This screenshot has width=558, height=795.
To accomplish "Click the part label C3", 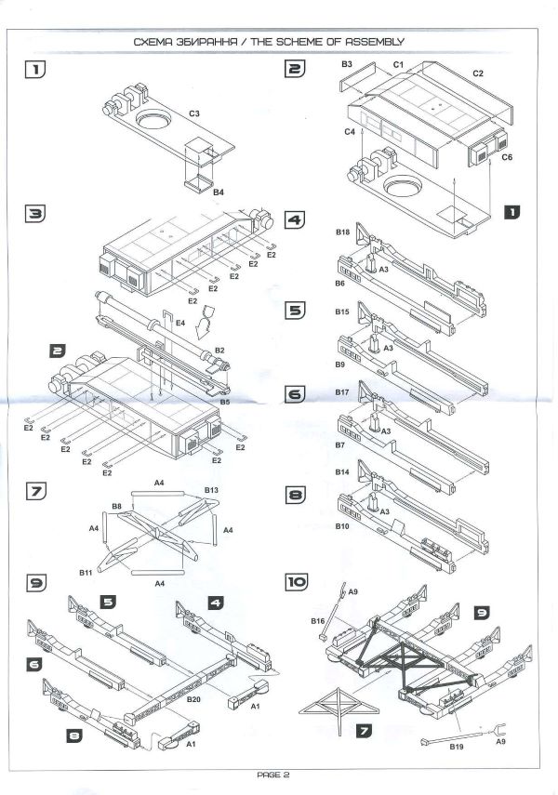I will pyautogui.click(x=194, y=113).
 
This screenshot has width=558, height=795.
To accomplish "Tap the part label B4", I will pyautogui.click(x=219, y=192).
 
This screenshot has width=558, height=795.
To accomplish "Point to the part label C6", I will pyautogui.click(x=507, y=158).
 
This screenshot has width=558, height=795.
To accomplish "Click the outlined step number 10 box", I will pyautogui.click(x=297, y=583).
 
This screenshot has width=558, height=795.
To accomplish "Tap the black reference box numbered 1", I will pyautogui.click(x=511, y=211).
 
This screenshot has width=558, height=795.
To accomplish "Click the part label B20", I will pyautogui.click(x=194, y=697).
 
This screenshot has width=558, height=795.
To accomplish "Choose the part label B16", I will pyautogui.click(x=317, y=619).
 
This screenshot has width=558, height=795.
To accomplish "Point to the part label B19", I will pyautogui.click(x=457, y=746).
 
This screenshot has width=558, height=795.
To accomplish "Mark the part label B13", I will pyautogui.click(x=211, y=489).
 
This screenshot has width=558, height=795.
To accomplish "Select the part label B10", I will pyautogui.click(x=341, y=526).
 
